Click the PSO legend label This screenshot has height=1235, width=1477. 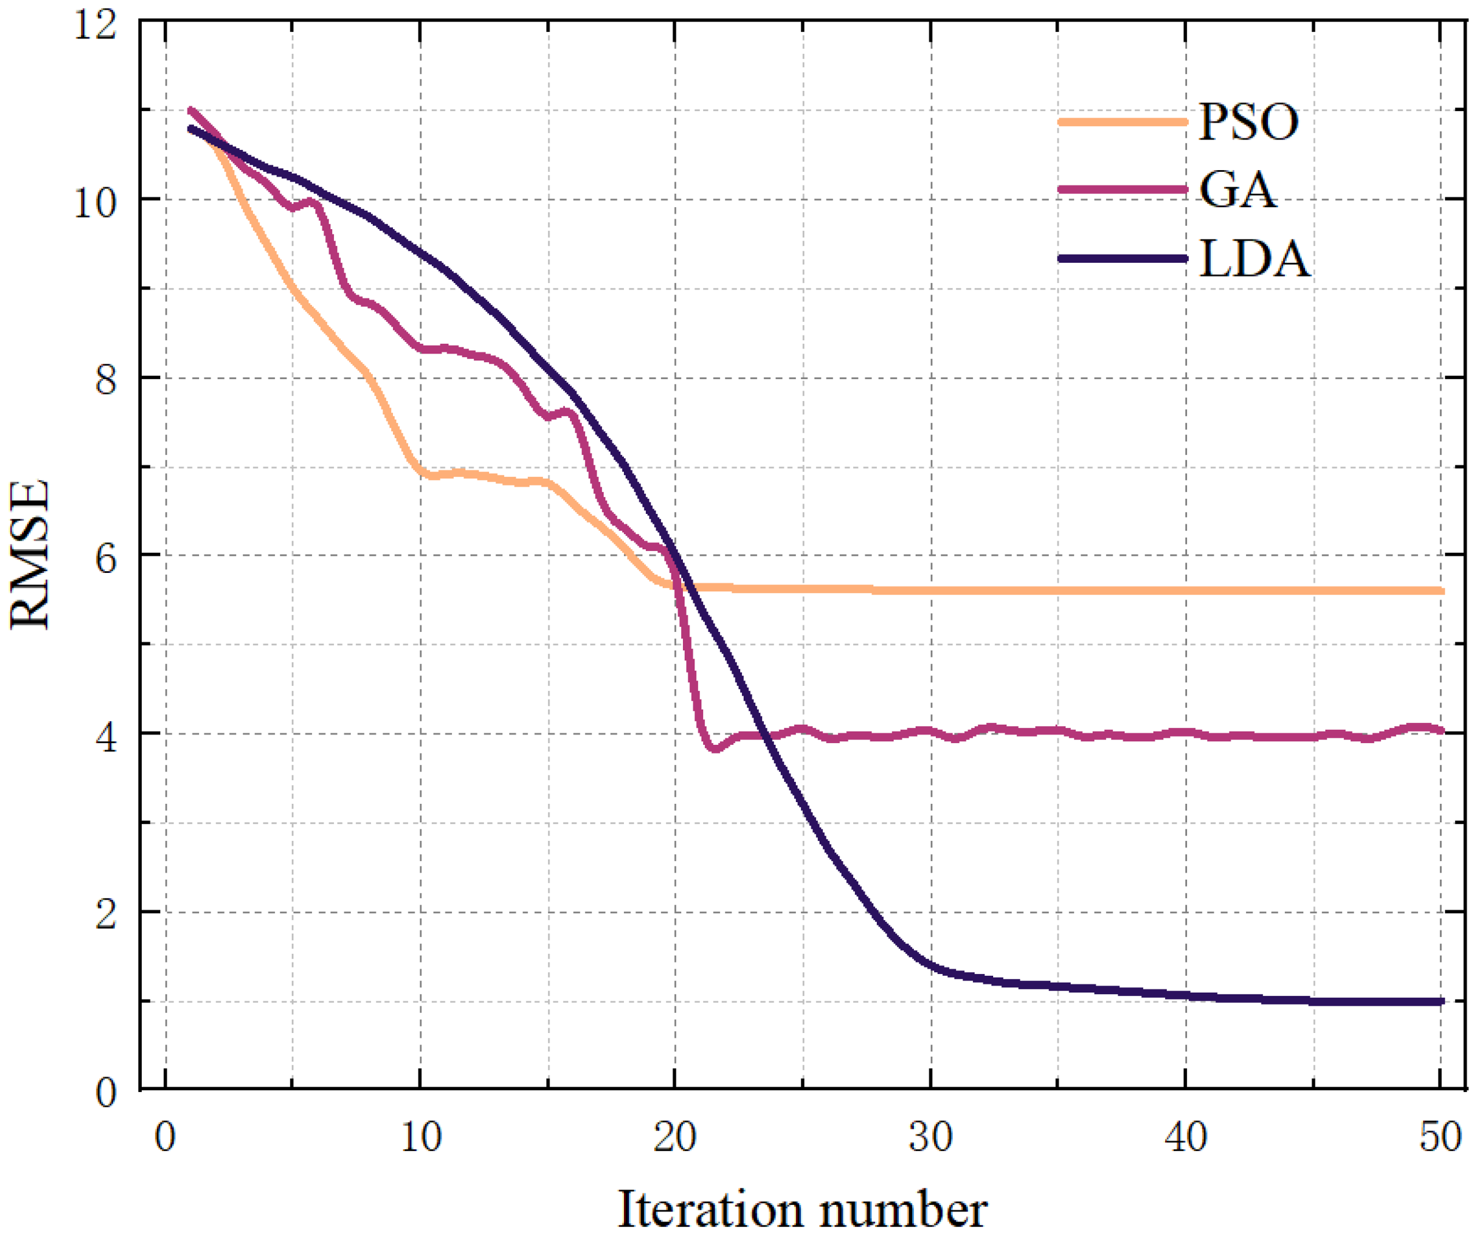(1248, 122)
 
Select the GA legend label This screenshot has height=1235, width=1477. (1238, 190)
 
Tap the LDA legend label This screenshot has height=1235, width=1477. (1255, 259)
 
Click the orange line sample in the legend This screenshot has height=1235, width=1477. (1122, 122)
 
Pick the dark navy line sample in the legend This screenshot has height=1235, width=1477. (1122, 259)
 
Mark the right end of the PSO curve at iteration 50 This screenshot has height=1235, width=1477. (1440, 591)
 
